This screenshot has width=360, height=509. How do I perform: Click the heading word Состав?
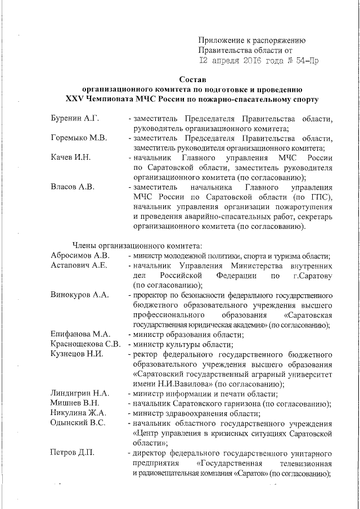point(193,79)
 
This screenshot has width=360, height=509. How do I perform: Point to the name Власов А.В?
point(70,187)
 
